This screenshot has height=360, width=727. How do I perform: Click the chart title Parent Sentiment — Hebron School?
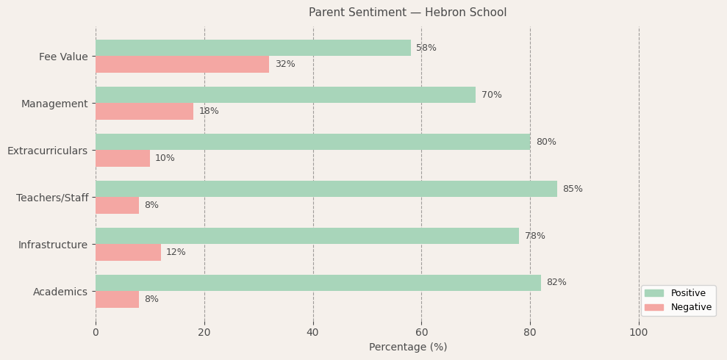click(407, 12)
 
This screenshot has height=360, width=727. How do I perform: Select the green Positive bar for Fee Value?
click(253, 48)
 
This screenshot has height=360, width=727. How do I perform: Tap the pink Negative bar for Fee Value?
click(182, 64)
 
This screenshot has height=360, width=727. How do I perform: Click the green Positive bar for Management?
click(285, 95)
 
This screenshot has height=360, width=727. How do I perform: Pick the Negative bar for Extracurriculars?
click(123, 158)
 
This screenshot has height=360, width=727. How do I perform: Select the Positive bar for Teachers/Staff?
click(326, 189)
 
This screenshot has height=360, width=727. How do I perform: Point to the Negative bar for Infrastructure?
click(128, 252)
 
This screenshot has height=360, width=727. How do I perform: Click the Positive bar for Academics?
click(318, 283)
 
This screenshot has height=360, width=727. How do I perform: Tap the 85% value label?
click(573, 189)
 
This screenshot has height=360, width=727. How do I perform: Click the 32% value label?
click(285, 64)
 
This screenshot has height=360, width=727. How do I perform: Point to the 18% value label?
click(209, 111)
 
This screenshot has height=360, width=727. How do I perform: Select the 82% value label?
click(556, 283)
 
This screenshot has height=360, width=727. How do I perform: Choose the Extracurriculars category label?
click(47, 151)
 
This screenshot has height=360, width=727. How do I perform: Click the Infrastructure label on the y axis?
click(53, 245)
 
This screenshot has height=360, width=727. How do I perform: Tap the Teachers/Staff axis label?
click(52, 198)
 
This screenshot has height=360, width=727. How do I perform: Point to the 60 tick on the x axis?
click(421, 332)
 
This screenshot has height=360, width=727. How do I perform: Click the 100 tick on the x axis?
click(639, 332)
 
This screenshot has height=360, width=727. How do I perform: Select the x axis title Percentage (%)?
click(407, 347)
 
